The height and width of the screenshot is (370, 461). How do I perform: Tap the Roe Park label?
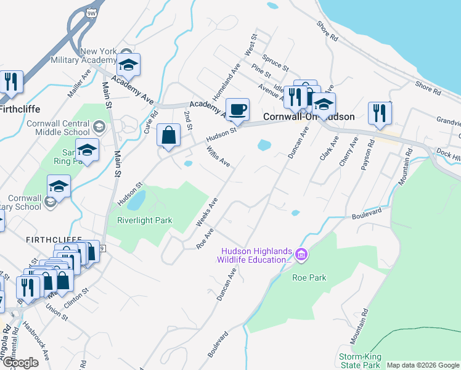(309, 277)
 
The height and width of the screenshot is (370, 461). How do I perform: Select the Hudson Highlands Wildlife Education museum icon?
(301, 254)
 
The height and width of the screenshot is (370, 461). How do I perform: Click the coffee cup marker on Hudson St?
(237, 110)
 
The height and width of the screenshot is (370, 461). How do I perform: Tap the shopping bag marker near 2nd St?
(168, 135)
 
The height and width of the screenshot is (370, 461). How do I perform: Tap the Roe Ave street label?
(205, 239)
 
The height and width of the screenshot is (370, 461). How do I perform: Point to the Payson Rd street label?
(370, 150)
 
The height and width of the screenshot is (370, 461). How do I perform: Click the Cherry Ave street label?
(349, 152)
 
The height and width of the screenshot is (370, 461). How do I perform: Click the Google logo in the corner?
(20, 363)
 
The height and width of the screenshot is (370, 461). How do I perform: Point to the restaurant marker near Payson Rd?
(379, 113)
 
